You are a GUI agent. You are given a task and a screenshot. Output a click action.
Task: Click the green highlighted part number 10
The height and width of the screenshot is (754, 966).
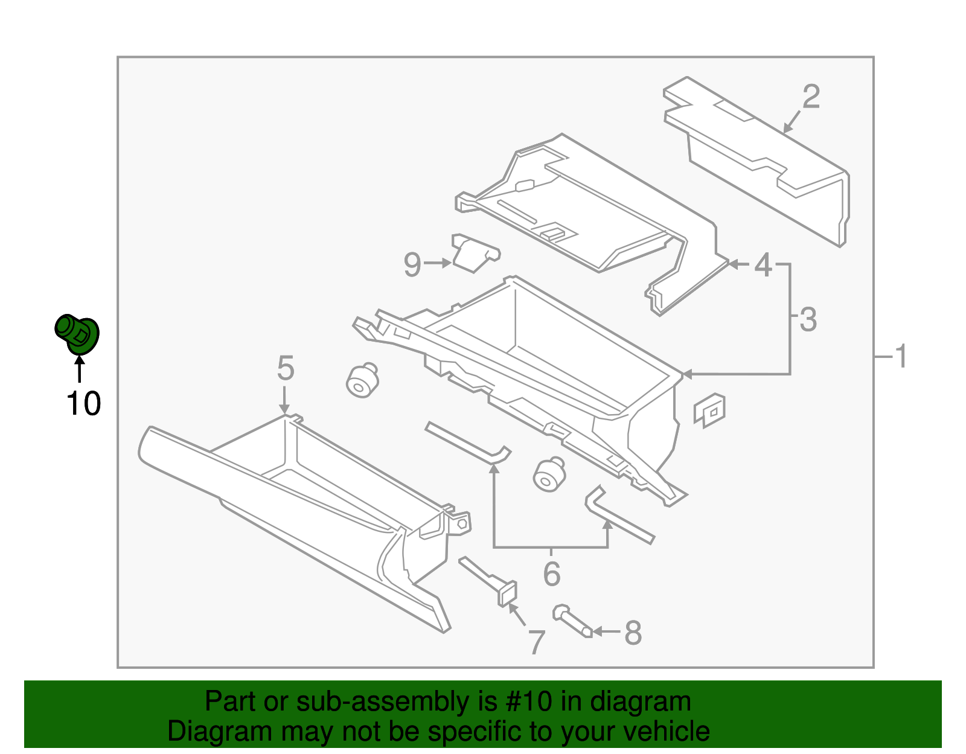[77, 334]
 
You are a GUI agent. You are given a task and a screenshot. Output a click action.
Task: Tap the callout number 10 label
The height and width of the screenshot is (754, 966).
[83, 404]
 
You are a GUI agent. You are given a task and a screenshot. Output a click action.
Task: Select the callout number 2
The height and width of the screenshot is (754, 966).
[811, 97]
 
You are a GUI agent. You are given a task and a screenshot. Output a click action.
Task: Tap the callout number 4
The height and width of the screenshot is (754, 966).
[764, 264]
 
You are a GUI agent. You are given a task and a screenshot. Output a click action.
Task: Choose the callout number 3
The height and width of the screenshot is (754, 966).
[808, 319]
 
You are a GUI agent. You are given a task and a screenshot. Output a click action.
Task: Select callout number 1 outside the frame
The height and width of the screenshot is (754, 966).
[901, 356]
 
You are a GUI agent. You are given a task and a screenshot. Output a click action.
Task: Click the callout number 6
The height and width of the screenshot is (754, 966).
[551, 573]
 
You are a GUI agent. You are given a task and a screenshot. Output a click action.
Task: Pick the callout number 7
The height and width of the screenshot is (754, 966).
[536, 642]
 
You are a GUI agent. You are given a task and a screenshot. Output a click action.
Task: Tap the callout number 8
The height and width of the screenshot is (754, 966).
[633, 633]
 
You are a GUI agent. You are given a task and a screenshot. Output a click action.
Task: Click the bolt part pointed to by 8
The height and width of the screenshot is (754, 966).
[571, 622]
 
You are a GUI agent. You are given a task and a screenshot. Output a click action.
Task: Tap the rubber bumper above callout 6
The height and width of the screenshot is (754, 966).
[549, 474]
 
